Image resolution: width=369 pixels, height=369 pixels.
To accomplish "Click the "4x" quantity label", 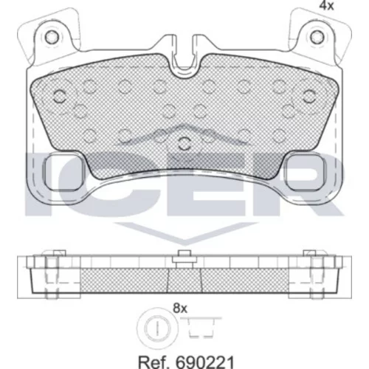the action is pyautogui.click(x=326, y=6).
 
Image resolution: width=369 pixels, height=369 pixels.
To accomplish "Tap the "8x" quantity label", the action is pyautogui.click(x=180, y=308).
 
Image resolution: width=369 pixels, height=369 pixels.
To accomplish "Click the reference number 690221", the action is pyautogui.click(x=204, y=362).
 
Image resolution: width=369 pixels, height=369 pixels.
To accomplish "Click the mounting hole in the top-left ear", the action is pyautogui.click(x=52, y=37).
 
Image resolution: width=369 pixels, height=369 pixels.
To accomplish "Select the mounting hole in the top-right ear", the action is pyautogui.click(x=317, y=37).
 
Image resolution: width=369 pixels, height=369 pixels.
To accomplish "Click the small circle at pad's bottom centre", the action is pyautogui.click(x=184, y=143).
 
